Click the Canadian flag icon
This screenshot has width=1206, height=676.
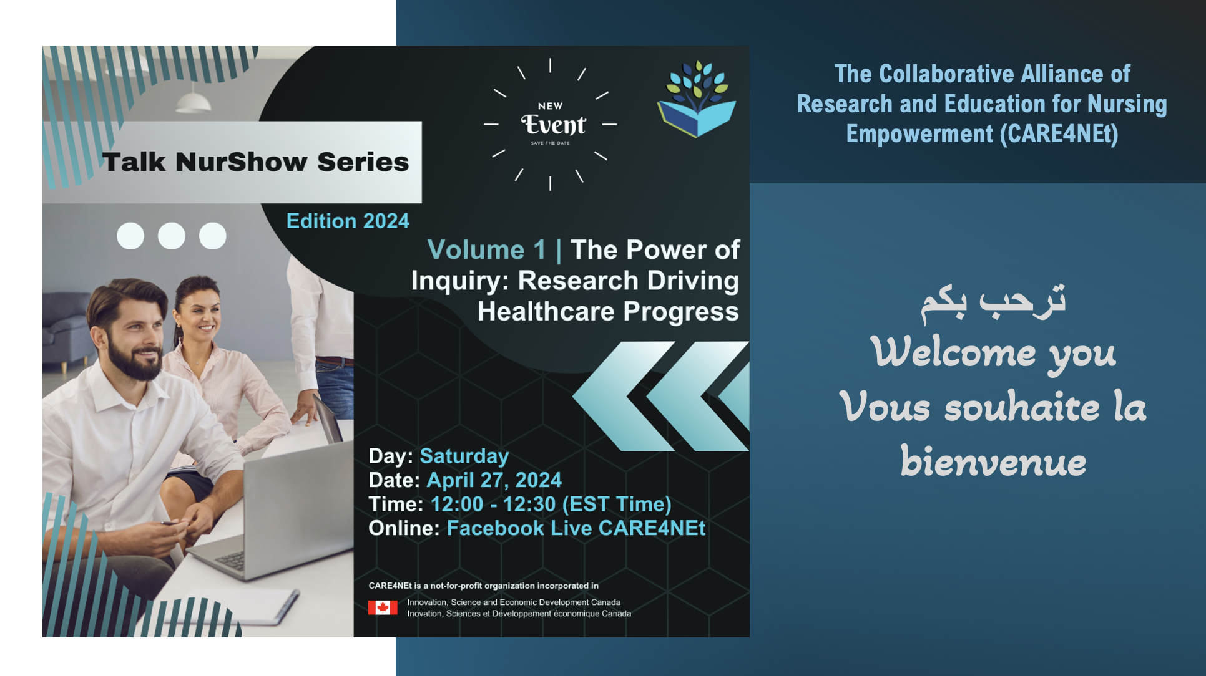(383, 607)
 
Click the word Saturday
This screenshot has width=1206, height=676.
(464, 456)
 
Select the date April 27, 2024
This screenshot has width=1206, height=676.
(494, 480)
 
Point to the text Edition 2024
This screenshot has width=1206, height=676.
(348, 221)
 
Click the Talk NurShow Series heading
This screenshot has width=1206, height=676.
(256, 162)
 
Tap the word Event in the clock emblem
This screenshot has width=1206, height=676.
(553, 125)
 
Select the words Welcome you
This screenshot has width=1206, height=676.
(993, 354)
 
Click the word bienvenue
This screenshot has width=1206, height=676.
(993, 462)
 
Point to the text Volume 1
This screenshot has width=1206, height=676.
(486, 250)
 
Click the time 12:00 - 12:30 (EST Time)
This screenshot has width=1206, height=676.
(551, 504)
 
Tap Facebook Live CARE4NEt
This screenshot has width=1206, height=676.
(576, 528)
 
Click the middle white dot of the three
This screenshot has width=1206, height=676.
(172, 236)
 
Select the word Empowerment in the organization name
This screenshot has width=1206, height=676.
(919, 134)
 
